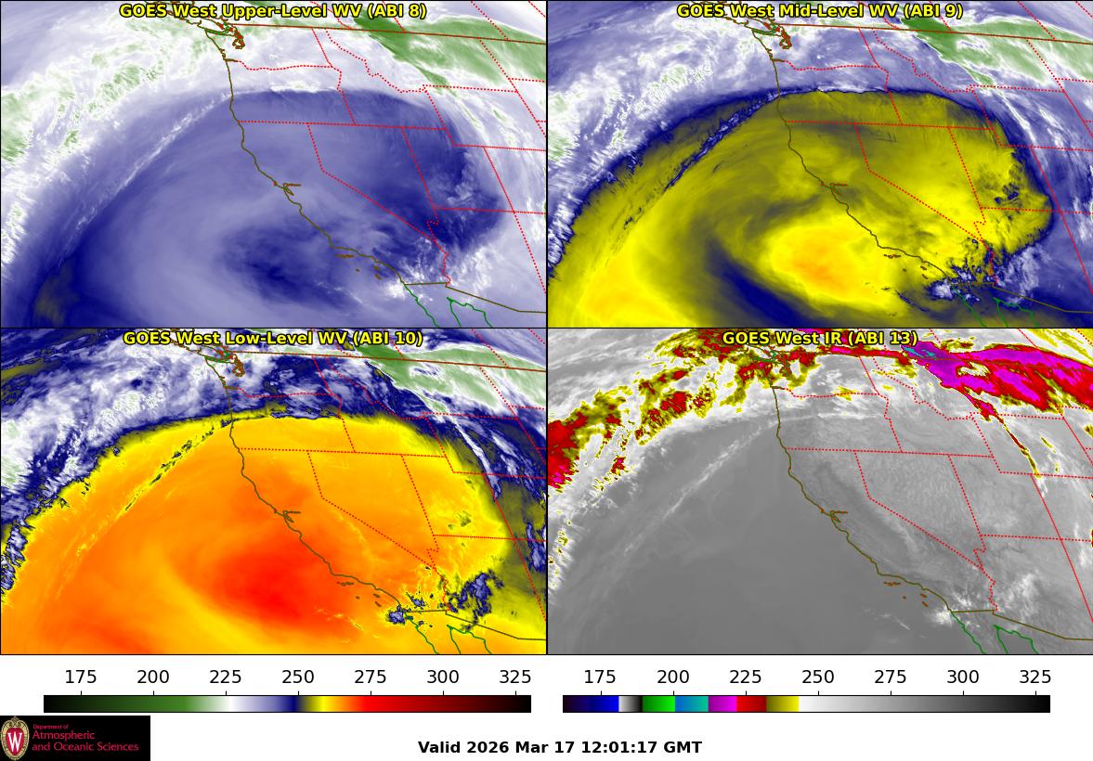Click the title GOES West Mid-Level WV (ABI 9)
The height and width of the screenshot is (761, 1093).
[x=819, y=11]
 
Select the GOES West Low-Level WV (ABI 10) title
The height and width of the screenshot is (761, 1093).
[x=273, y=339]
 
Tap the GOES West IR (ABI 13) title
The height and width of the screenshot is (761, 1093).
[x=819, y=339]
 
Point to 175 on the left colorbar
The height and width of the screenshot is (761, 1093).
[x=81, y=677]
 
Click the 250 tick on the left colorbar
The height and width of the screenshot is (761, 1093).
[x=298, y=677]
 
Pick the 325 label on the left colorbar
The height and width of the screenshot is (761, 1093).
[x=515, y=677]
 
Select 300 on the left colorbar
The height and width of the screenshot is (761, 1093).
[x=443, y=677]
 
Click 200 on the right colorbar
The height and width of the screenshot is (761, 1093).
[x=673, y=677]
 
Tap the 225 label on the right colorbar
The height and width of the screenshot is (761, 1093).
[x=746, y=677]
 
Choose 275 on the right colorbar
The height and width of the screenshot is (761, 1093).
[x=891, y=677]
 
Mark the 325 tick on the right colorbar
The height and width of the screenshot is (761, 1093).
[x=1035, y=677]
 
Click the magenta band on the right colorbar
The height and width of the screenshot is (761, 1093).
[x=722, y=703]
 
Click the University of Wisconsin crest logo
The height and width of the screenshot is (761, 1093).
[x=15, y=738]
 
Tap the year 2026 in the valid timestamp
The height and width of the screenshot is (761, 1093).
[x=483, y=747]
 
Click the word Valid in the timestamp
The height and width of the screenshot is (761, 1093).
[x=438, y=747]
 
